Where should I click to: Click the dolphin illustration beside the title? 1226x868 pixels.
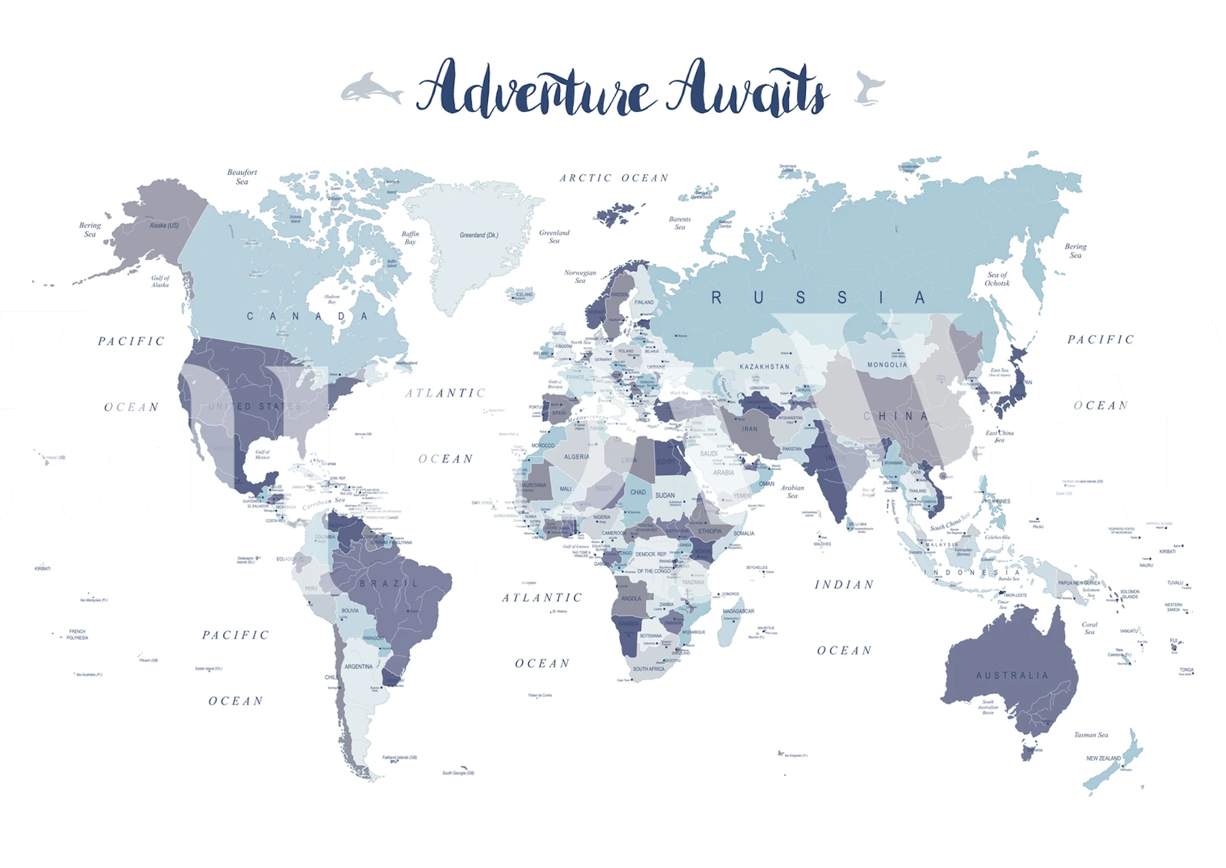click(x=370, y=89)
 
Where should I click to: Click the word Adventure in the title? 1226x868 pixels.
click(x=535, y=88)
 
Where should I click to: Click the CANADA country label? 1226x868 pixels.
click(x=307, y=316)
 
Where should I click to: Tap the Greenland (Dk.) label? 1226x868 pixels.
click(x=478, y=235)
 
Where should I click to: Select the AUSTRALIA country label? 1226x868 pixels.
click(x=1012, y=675)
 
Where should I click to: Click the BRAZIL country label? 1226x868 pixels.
click(x=389, y=583)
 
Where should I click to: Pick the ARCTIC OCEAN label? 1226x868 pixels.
click(x=614, y=178)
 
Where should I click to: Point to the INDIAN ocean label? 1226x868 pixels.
click(x=844, y=585)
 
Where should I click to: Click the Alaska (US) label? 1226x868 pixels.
click(x=164, y=225)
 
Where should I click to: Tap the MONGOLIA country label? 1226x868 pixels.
click(x=886, y=365)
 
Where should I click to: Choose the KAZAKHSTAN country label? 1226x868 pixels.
click(x=764, y=367)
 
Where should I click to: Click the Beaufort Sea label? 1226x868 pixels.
click(x=242, y=176)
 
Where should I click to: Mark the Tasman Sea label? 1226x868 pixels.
click(x=1090, y=734)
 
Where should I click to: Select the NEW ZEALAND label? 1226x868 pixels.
click(x=1103, y=758)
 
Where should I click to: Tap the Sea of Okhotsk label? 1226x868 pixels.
click(x=997, y=279)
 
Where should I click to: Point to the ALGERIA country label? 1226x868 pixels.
click(x=577, y=457)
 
